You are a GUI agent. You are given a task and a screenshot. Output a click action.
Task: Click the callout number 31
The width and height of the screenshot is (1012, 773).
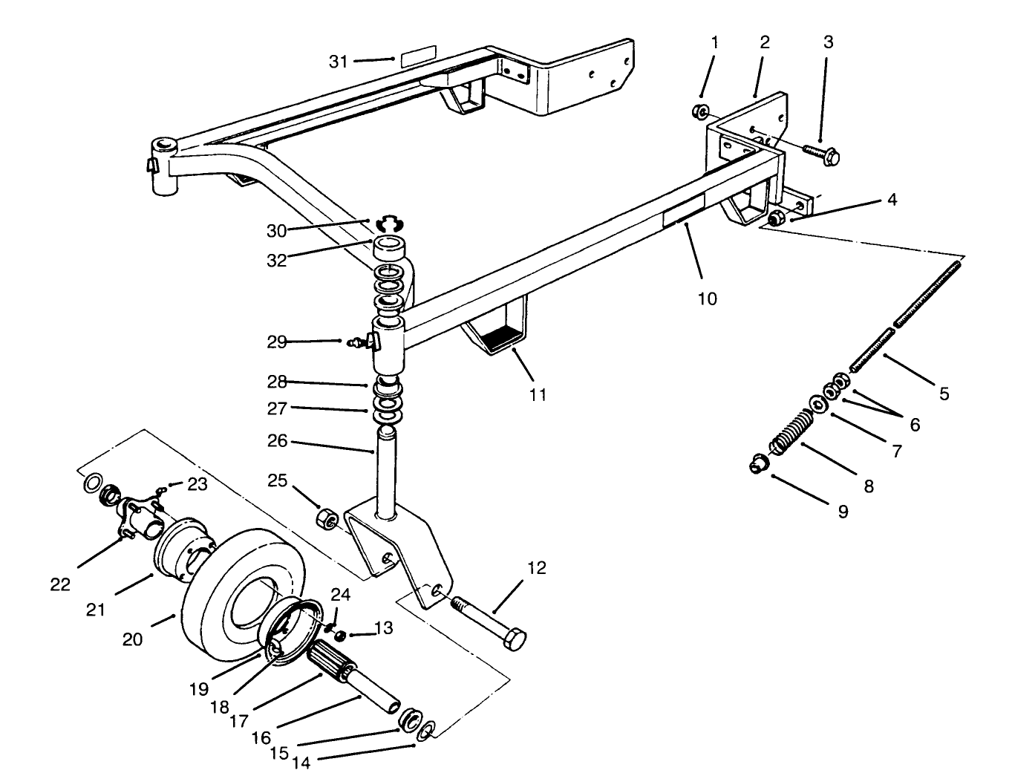point(339,62)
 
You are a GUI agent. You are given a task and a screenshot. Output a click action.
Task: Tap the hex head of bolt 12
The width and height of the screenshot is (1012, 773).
point(514,639)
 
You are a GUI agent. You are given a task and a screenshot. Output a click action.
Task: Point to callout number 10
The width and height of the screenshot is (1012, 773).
point(707,299)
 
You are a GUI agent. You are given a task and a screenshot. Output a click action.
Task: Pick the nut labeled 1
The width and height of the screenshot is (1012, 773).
point(699,112)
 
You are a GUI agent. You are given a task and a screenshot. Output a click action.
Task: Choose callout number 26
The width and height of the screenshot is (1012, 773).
point(276,442)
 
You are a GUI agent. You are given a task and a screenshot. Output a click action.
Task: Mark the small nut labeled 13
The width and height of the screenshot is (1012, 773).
point(341,636)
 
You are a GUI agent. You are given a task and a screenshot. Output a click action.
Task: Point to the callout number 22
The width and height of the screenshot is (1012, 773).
point(61,584)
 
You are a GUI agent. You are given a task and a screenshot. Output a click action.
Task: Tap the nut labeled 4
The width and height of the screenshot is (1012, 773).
point(775,218)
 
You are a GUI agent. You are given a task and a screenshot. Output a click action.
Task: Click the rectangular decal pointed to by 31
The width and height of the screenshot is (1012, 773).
point(418,59)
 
